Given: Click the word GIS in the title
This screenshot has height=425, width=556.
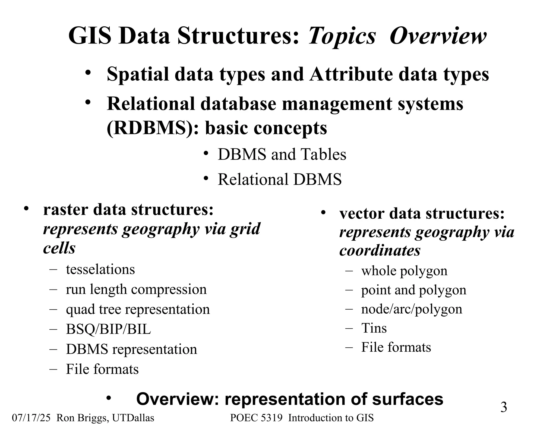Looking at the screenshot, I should pos(90,36).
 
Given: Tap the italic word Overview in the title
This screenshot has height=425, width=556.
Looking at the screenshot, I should pos(438,36).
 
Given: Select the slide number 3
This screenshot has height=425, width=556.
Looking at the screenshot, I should pos(504,407).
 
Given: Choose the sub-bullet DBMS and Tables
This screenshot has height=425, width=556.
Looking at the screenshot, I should pos(282,155).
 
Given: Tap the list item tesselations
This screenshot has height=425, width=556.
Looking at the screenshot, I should pos(100,269).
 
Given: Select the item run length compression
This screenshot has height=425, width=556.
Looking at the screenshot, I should pos(136,289).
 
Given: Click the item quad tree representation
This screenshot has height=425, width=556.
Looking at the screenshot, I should pos(138,309).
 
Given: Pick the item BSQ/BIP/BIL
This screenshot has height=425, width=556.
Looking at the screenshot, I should pos(108,329).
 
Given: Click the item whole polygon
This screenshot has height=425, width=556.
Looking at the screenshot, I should pos(404,271).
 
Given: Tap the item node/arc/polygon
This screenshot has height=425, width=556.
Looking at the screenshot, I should pos(411,309).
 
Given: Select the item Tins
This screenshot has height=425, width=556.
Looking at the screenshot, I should pos(374,328).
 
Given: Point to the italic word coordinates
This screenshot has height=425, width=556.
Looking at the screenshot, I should pos(380,250).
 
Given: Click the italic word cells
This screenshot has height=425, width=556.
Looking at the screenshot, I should pos(59,248).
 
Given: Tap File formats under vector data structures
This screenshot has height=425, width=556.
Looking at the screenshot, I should pos(396,347).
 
